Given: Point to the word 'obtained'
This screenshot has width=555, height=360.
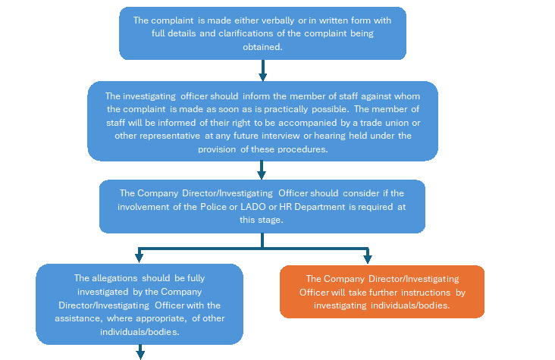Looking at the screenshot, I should click(x=262, y=46).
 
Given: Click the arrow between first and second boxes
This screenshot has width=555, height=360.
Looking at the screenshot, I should click(x=262, y=70).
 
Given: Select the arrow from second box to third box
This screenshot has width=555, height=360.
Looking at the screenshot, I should click(x=262, y=171).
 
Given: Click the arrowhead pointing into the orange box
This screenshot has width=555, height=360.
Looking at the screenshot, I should click(x=367, y=257).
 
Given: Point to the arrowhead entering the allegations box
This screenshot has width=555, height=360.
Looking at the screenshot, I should click(x=139, y=257).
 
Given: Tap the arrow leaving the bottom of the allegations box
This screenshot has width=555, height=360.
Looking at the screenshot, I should click(x=140, y=352).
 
